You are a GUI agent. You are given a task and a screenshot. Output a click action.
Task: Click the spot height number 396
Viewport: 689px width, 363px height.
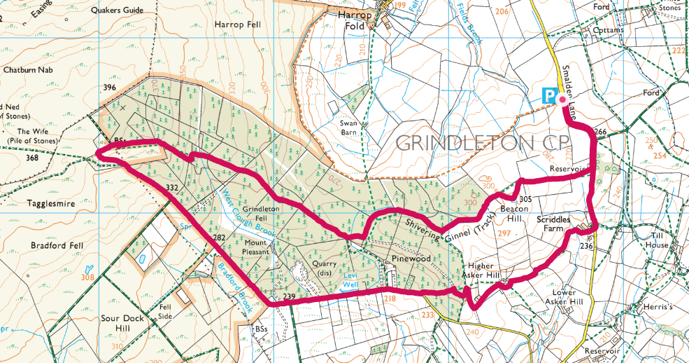(x=108, y=88)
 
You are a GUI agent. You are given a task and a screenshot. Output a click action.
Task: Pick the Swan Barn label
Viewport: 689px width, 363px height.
(x=348, y=126)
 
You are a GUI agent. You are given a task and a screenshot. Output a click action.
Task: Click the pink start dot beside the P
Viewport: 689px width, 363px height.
(x=562, y=100)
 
